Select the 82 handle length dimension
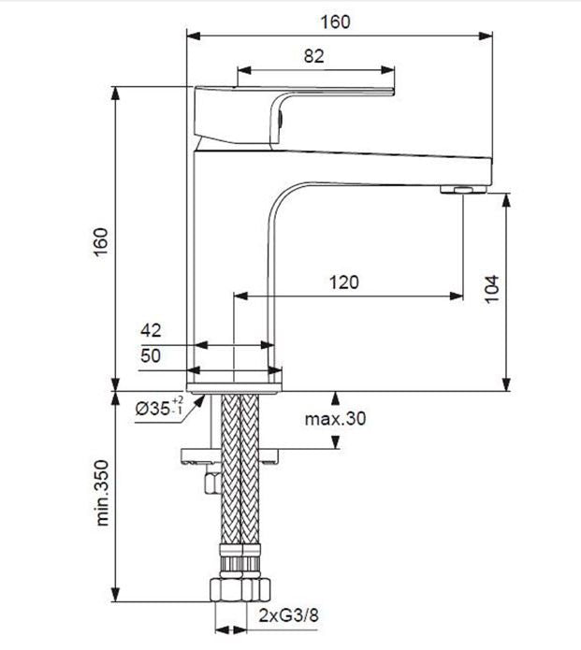pyautogui.click(x=314, y=56)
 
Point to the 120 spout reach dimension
pyautogui.click(x=343, y=282)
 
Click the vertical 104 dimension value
pyautogui.click(x=495, y=290)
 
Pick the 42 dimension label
pyautogui.click(x=151, y=330)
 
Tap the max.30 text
pyautogui.click(x=335, y=418)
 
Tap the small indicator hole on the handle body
pyautogui.click(x=279, y=119)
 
